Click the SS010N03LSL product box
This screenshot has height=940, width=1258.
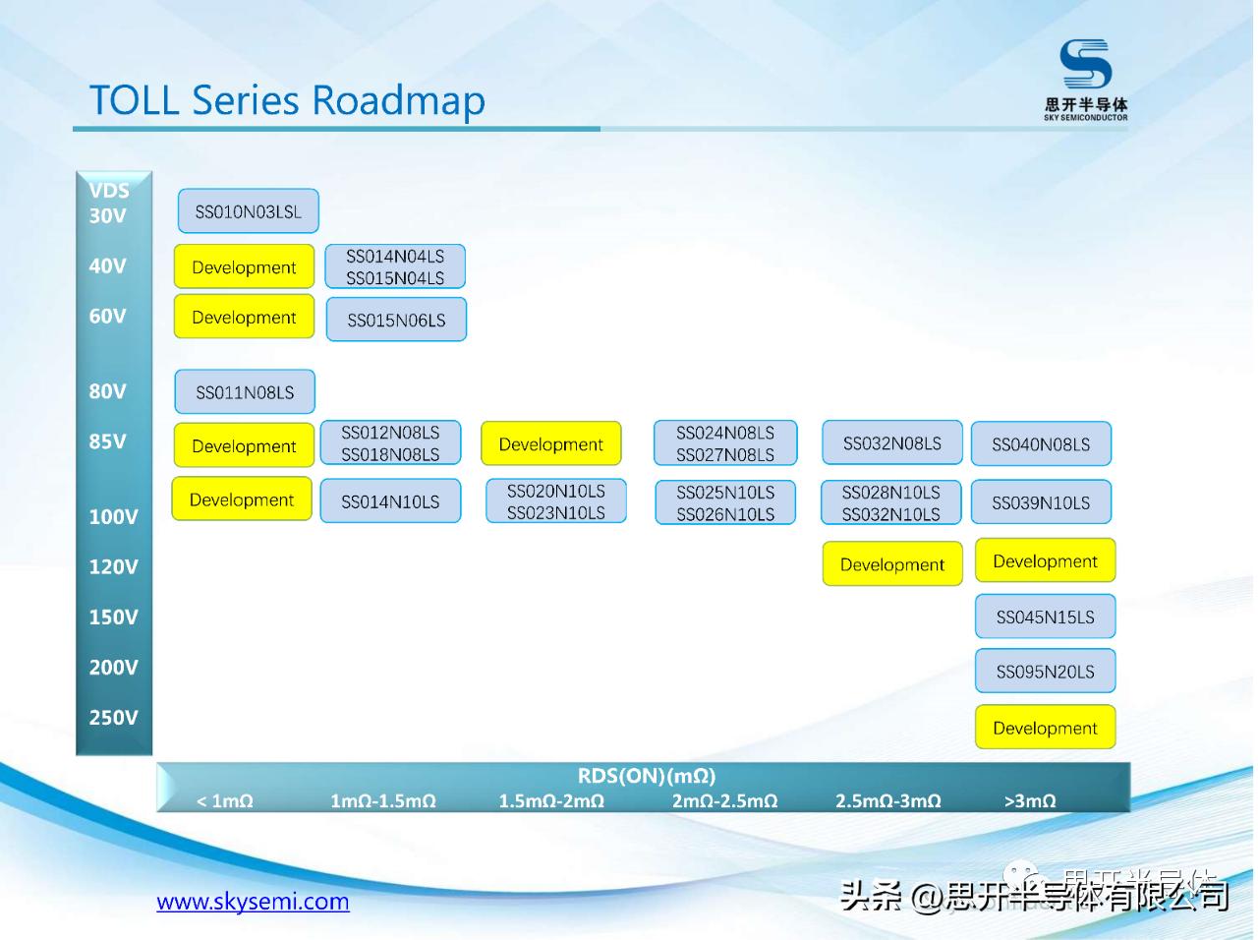point(248,211)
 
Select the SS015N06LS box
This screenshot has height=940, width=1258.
point(396,320)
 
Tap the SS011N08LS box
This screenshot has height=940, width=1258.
point(245,392)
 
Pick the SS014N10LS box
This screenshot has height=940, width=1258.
point(390,501)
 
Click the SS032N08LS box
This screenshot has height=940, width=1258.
point(891,443)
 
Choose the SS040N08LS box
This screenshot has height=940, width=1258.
point(1041,444)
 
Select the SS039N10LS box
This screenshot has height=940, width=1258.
point(1041,502)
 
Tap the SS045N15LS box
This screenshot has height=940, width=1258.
point(1045,617)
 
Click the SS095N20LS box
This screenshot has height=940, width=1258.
point(1045,672)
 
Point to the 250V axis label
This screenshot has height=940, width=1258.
point(113,718)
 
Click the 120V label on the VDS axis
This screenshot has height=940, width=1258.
point(113,566)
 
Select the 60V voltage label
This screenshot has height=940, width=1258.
point(107,316)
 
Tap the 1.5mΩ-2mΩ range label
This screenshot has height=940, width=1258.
point(551,801)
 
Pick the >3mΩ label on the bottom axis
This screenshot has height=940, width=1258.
point(1029,801)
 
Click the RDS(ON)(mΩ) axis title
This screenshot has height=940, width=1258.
point(646,776)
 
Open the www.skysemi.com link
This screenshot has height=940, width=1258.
point(253,902)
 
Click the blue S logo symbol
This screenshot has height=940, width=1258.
point(1085,64)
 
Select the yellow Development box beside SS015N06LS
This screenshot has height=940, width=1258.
point(244,318)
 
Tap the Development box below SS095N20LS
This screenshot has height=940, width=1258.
point(1045,728)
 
